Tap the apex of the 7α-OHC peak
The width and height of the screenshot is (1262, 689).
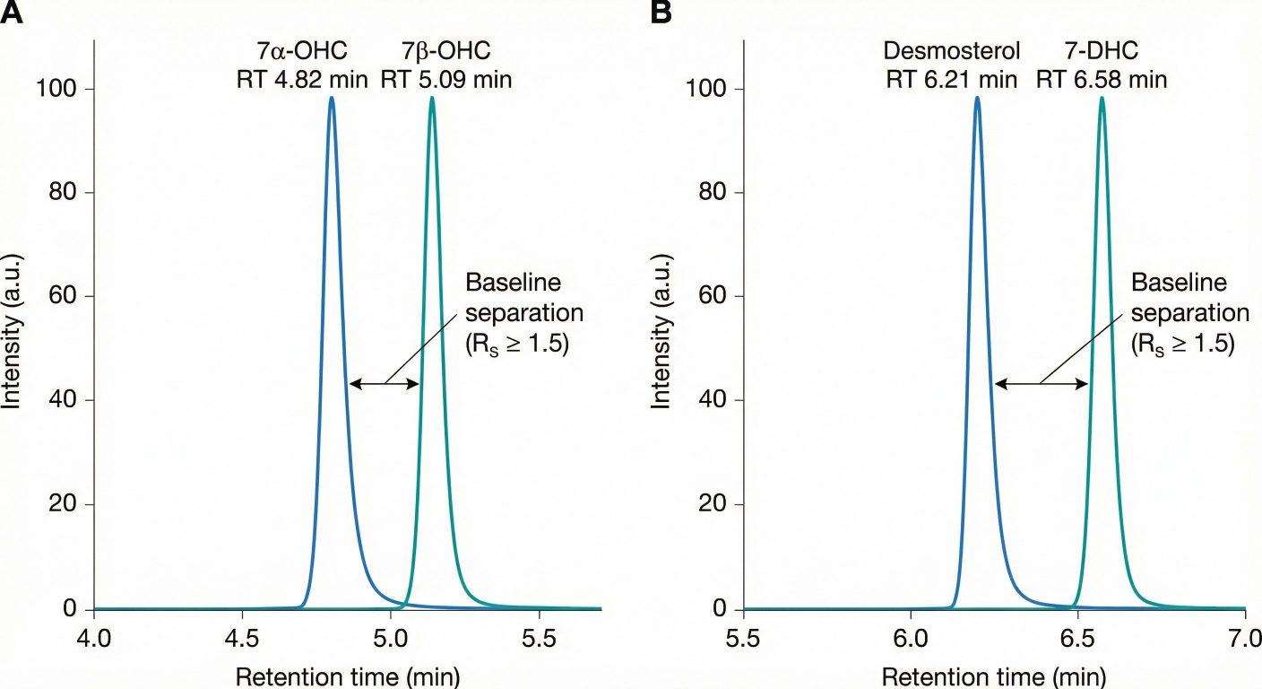[332, 98]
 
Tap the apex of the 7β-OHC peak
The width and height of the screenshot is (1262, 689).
[432, 98]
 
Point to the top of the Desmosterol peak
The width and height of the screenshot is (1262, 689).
[977, 98]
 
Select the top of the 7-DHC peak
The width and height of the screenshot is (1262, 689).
[1102, 98]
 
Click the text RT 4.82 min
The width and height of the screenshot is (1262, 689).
[297, 79]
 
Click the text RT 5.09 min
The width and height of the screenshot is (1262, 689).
[445, 79]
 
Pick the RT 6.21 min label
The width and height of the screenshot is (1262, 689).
[951, 79]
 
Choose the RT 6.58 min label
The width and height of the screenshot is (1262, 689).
[1102, 79]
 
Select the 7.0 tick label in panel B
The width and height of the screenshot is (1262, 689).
[1245, 638]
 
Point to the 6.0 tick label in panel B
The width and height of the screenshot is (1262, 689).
[910, 638]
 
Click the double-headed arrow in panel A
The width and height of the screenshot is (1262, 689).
[385, 384]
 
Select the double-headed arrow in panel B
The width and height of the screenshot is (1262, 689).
[1041, 384]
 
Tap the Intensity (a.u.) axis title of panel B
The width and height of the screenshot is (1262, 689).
[661, 348]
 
